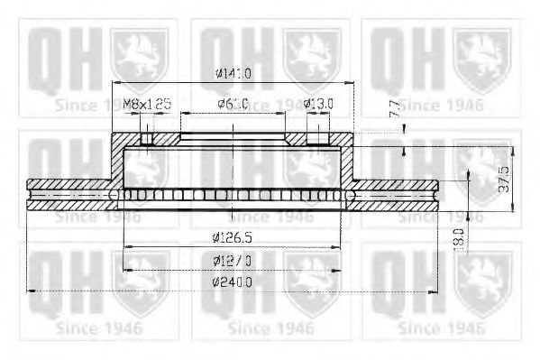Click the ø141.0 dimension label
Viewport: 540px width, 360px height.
point(233,74)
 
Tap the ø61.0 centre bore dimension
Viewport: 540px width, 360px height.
point(233,104)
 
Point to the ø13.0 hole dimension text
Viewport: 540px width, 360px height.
point(318,104)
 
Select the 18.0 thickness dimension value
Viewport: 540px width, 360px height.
point(459,238)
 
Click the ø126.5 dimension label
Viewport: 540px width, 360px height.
point(233,237)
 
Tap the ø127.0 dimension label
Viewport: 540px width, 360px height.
point(233,260)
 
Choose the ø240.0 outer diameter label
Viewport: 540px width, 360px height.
point(233,282)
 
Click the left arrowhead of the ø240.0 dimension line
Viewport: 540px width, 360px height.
point(32,291)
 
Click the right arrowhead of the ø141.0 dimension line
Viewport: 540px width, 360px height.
point(352,83)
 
